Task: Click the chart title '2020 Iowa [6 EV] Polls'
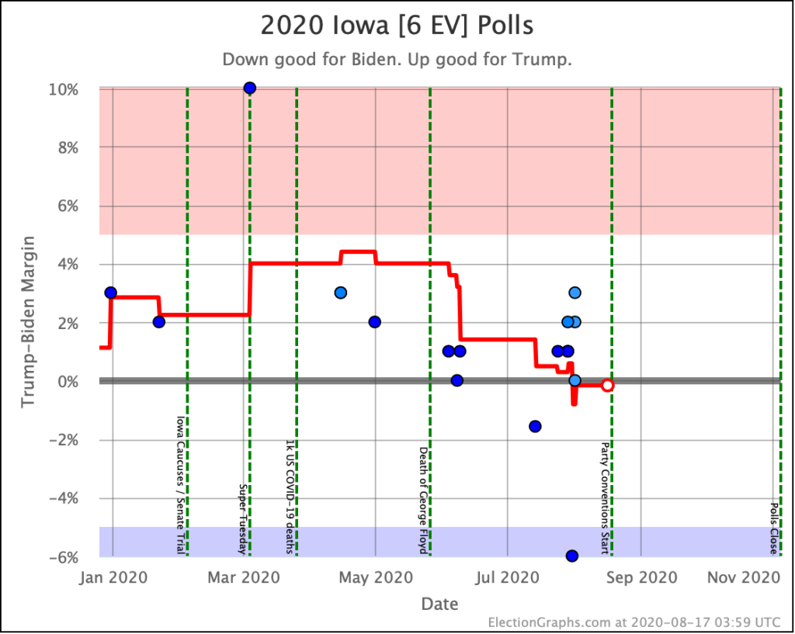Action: coord(397,25)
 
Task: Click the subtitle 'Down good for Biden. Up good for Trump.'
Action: coord(397,60)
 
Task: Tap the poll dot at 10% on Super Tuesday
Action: coord(249,88)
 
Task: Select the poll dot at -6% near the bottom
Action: coord(572,556)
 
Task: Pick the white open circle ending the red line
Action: coord(608,385)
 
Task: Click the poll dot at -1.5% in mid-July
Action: coord(535,426)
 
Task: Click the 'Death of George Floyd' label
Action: coord(423,500)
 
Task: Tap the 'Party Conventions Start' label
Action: coord(605,498)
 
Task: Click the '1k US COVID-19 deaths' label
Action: coord(290,497)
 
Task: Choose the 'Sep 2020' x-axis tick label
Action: coord(641,578)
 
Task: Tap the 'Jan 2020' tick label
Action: coord(113,578)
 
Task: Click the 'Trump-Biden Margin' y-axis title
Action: coord(29,321)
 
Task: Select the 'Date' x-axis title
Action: coord(439,604)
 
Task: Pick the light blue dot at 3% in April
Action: coord(340,293)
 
